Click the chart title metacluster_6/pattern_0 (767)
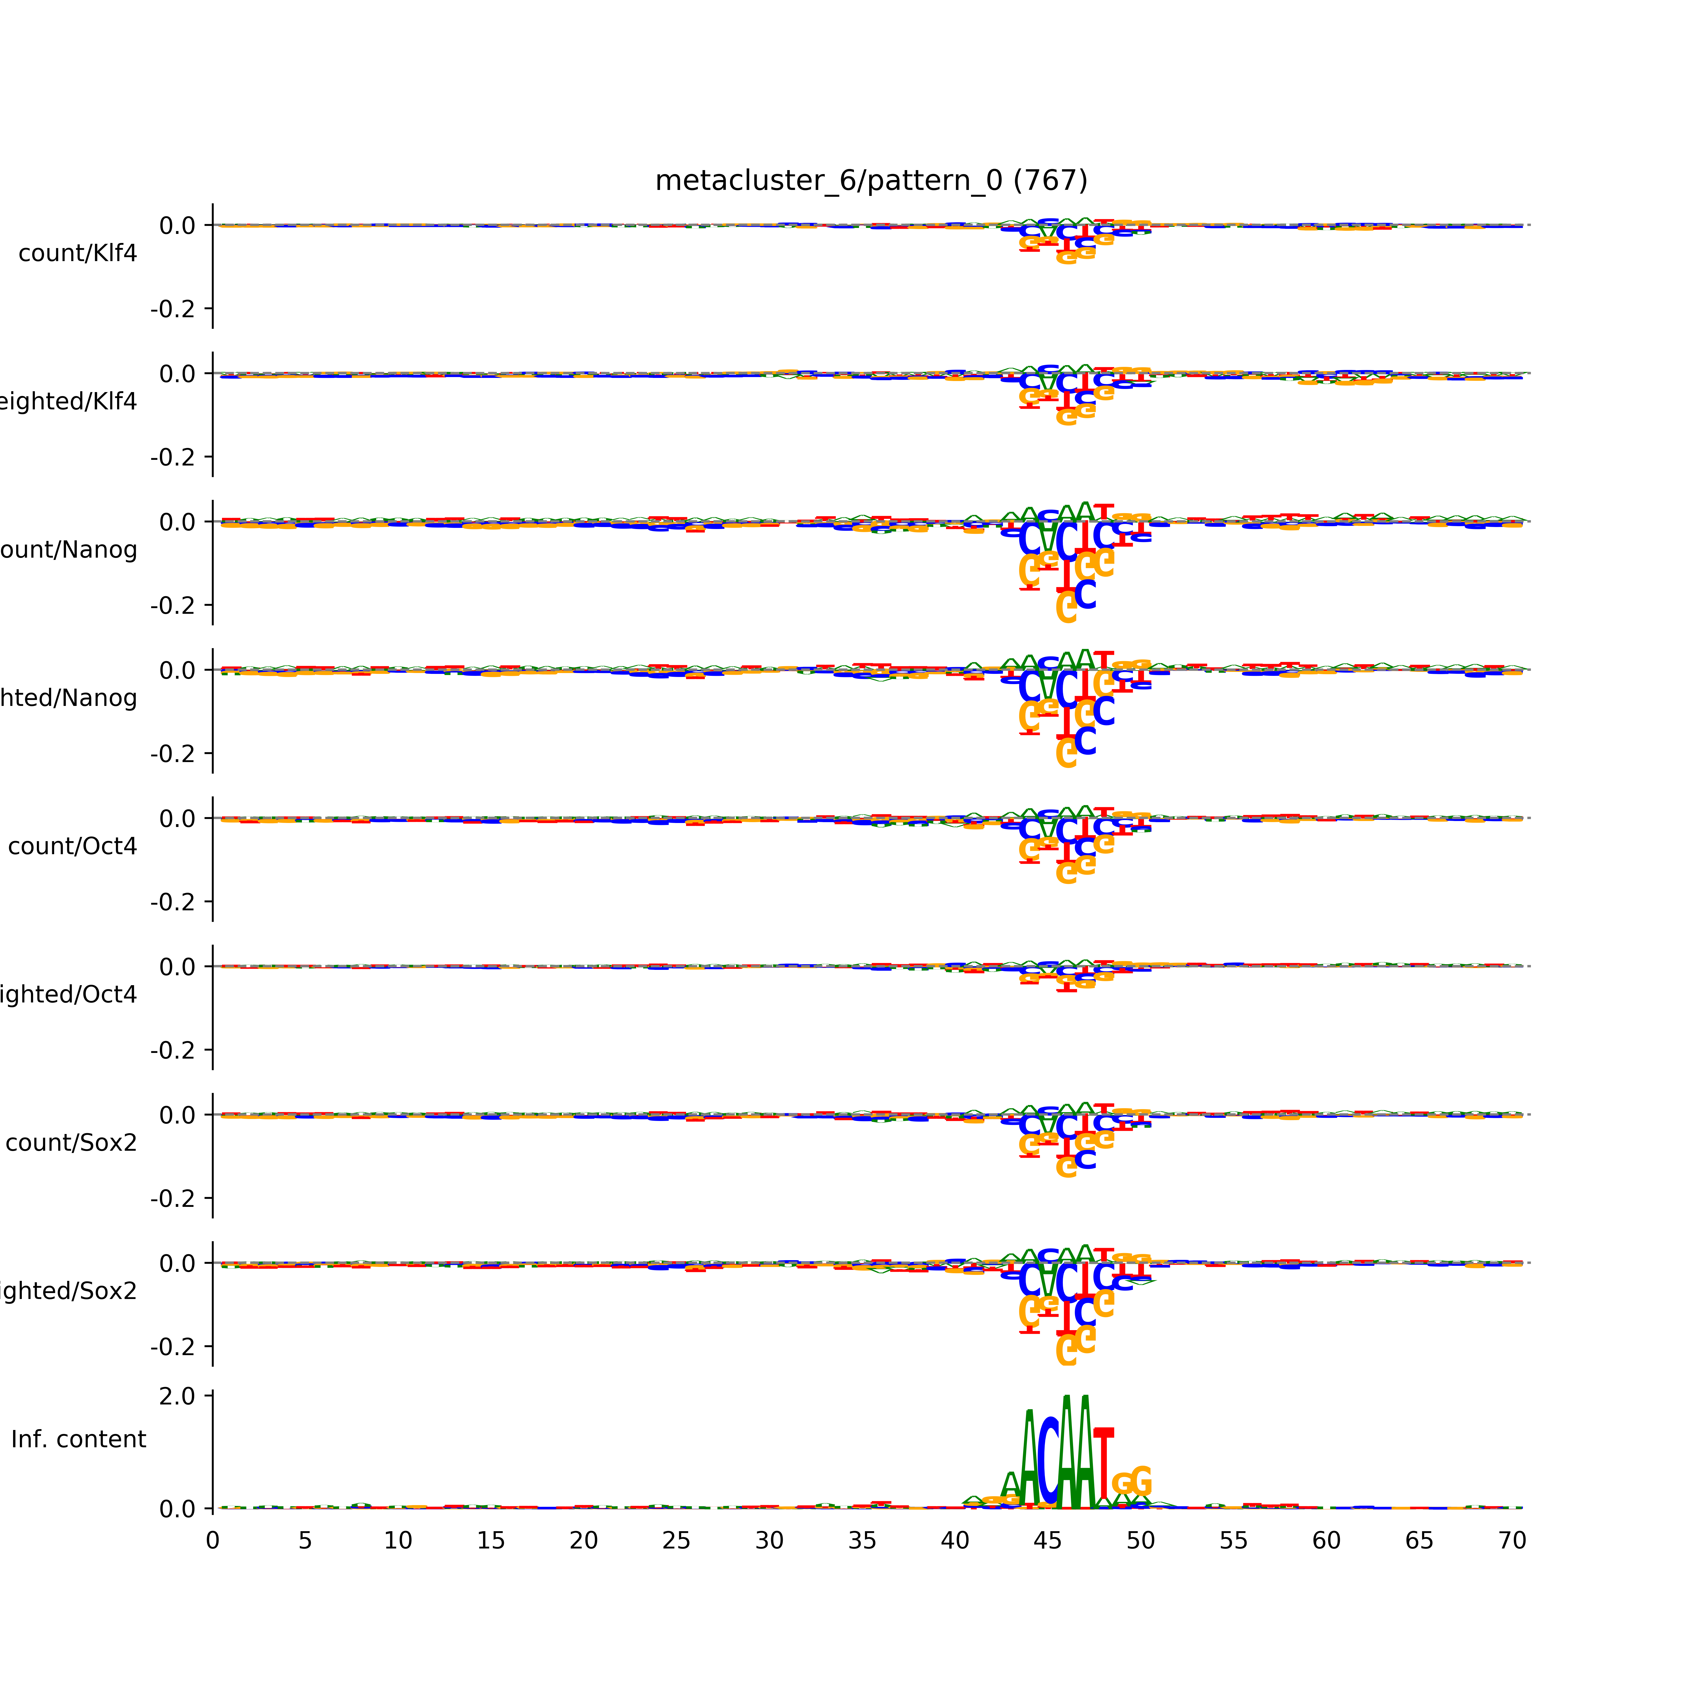click(871, 181)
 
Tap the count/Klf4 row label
click(77, 253)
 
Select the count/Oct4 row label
click(72, 847)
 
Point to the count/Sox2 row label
click(71, 1143)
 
